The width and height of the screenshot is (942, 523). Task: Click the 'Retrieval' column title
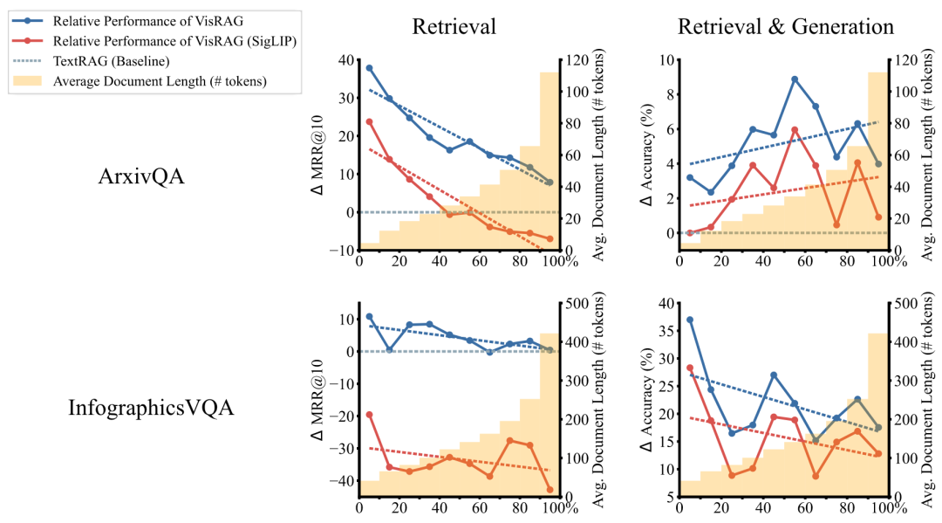(454, 27)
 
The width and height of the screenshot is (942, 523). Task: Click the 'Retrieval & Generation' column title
(787, 27)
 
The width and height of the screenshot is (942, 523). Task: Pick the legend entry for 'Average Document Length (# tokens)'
(160, 81)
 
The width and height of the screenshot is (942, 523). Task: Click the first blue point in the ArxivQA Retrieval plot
(369, 68)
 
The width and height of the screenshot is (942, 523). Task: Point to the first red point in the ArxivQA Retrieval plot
(369, 121)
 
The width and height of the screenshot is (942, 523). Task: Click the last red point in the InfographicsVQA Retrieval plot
(549, 490)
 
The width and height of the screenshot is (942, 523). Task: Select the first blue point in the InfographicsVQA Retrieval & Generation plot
(690, 320)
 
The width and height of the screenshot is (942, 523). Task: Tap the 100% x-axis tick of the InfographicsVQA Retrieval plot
(549, 507)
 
